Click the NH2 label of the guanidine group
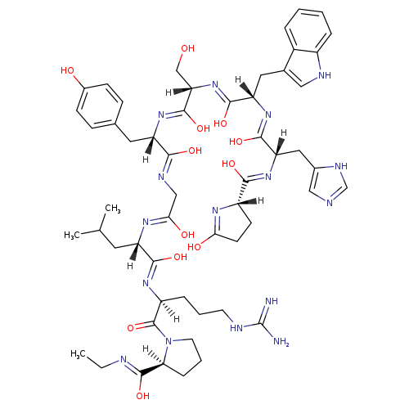pos(281,342)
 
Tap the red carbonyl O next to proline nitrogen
pos(131,328)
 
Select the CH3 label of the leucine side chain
pos(113,209)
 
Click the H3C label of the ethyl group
pos(78,354)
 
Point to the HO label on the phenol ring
pos(67,70)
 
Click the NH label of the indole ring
pos(325,75)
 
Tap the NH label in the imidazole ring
pos(341,166)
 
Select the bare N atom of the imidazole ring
pos(330,203)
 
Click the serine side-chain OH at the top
pos(188,48)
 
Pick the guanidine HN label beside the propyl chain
pos(236,328)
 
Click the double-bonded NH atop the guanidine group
pos(272,301)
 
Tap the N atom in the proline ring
pos(169,341)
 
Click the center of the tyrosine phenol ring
pos(99,106)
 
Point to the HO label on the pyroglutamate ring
pos(194,247)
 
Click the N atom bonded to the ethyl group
pos(124,360)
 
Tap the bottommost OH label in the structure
pos(143,396)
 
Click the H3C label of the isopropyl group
pos(72,235)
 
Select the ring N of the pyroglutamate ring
pos(215,210)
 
